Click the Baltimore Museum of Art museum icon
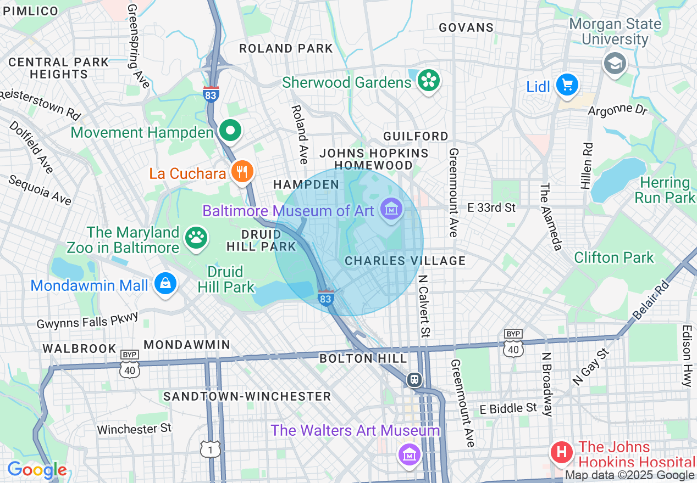coord(391,210)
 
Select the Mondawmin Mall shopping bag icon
coord(165,284)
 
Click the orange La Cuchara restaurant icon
coord(241,172)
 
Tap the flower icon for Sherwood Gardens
coord(427,81)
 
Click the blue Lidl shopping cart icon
coord(566,85)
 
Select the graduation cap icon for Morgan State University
coord(615,63)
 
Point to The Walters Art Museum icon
coord(410,454)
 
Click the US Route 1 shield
coord(211,449)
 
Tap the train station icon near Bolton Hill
coord(415,379)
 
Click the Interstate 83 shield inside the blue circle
coord(325,297)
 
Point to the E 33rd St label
coord(491,207)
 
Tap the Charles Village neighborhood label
coord(405,261)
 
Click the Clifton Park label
coord(614,257)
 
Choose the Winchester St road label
coord(134,429)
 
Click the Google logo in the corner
coord(37,470)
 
